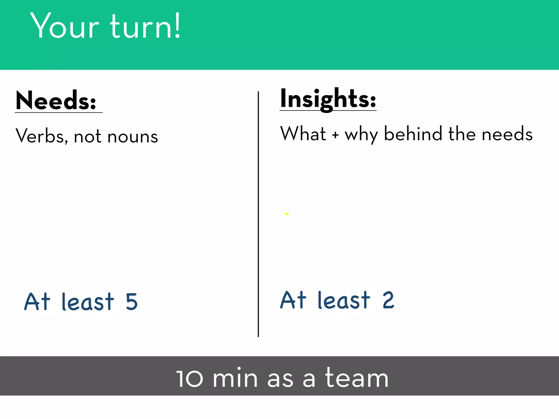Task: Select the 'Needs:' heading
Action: point(56,101)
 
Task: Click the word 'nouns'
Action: point(133,136)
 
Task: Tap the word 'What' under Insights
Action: point(303,134)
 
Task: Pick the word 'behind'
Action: point(413,134)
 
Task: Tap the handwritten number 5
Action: point(132,302)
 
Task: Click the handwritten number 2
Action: point(388,300)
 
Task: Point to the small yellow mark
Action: point(286,214)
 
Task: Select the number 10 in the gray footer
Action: point(190,378)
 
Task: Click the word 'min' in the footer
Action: point(235,378)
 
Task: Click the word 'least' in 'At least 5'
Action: point(88,302)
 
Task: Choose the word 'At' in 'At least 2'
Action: point(293,300)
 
